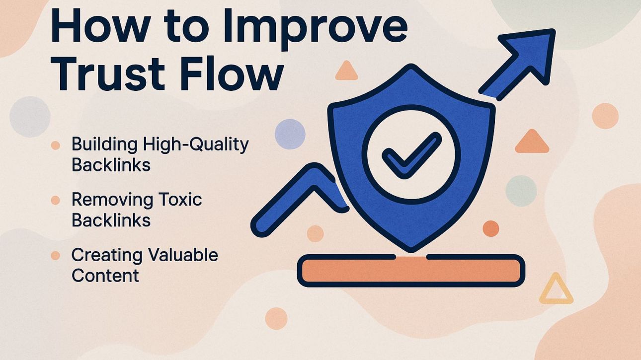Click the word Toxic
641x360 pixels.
180,200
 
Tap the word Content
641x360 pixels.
105,276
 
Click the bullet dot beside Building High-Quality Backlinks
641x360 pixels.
56,145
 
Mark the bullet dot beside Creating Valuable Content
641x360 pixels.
56,256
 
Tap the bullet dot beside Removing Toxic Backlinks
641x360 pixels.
56,201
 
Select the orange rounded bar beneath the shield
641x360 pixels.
410,271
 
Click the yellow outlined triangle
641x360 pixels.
556,290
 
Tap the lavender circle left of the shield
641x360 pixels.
290,134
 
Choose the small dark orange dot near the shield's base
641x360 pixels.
490,228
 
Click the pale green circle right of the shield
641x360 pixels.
521,191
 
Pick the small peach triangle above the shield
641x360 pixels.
346,72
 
